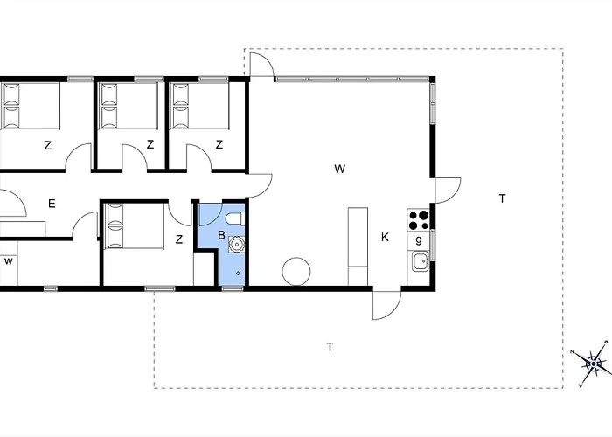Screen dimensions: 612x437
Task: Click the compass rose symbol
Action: point(594,364)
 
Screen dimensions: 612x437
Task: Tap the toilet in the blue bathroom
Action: point(235,218)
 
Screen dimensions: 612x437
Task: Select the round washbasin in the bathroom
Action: point(236,245)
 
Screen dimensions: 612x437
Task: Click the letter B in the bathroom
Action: point(221,235)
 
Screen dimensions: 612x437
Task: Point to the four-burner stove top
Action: point(419,219)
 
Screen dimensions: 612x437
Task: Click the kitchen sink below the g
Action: point(420,261)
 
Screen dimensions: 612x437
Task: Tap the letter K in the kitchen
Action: point(385,237)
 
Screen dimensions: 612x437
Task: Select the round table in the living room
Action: point(296,271)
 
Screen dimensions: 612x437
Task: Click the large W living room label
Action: point(340,169)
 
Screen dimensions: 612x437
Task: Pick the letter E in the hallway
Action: point(52,204)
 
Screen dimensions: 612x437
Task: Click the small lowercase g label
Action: point(419,240)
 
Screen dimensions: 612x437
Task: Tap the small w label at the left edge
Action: point(8,261)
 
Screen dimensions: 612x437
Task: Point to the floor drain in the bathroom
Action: point(238,274)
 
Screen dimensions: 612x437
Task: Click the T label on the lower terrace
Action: point(330,346)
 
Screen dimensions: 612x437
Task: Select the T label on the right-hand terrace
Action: point(503,198)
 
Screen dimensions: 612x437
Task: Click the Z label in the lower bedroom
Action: point(179,239)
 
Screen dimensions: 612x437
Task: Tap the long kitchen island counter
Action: point(358,246)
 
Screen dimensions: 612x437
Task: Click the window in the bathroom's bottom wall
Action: point(233,288)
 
